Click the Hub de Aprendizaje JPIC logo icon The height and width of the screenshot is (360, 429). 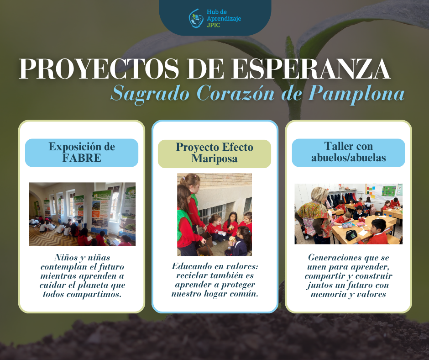click(196, 18)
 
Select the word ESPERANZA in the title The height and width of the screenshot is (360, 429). click(311, 69)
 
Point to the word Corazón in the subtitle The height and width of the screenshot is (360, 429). click(235, 93)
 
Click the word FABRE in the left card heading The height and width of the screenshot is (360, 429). click(82, 158)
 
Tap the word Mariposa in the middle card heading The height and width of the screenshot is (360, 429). click(214, 159)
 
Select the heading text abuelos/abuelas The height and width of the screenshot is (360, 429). click(349, 158)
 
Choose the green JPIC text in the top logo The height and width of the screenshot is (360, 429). click(214, 25)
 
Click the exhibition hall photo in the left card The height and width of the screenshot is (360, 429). click(82, 214)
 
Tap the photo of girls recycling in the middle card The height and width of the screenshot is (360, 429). click(214, 215)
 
